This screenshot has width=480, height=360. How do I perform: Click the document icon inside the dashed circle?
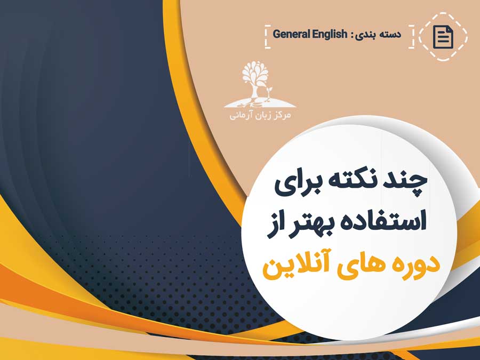click(443, 37)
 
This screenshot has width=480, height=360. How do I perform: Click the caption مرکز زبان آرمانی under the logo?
click(260, 115)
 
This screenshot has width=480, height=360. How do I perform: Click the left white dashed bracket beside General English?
click(267, 37)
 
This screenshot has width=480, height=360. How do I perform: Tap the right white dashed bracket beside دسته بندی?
click(412, 37)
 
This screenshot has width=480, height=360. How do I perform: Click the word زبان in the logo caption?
click(261, 116)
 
